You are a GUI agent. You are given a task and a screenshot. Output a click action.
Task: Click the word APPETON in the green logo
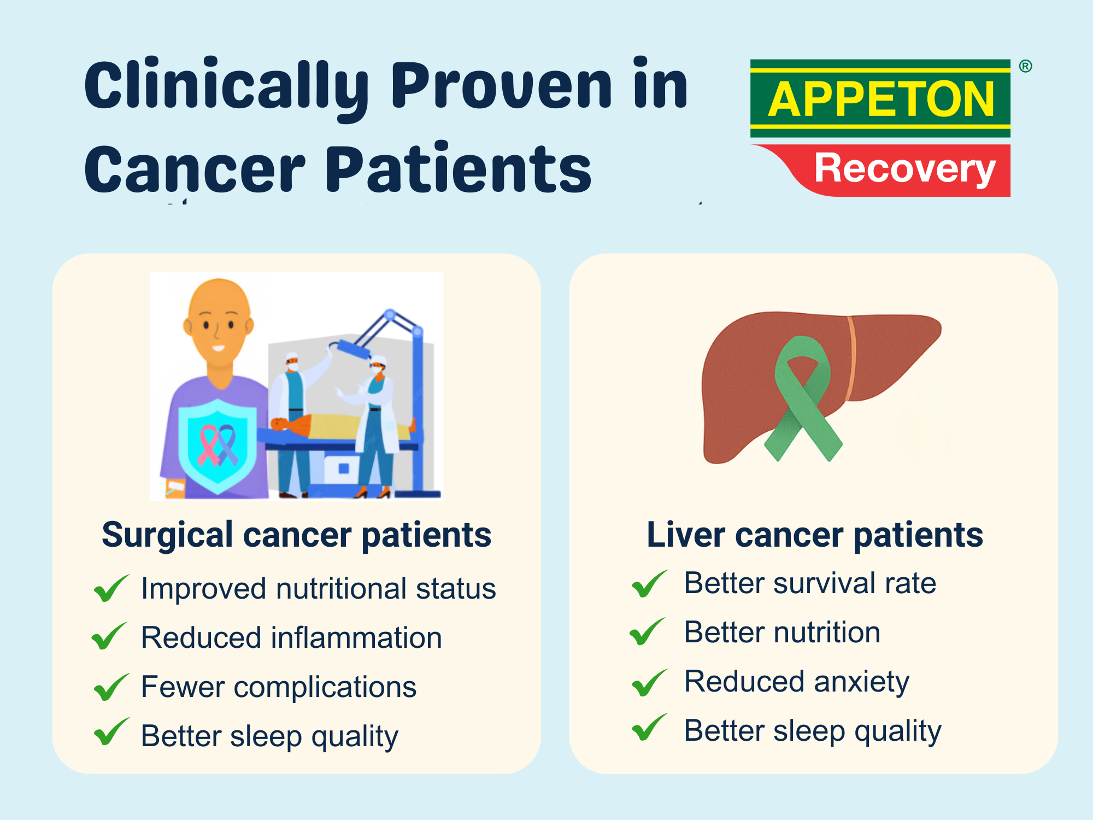[x=881, y=99]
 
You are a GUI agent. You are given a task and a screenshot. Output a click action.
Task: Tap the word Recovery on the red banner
[x=905, y=168]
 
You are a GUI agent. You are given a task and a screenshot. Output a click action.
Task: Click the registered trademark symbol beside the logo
[x=1025, y=66]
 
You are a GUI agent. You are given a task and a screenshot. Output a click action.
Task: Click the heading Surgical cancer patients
[x=297, y=535]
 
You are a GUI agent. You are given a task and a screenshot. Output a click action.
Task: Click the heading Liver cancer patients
[x=815, y=535]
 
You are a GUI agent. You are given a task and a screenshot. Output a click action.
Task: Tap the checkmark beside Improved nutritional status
[x=111, y=588]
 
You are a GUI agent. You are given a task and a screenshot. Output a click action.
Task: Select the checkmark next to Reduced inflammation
[x=109, y=636]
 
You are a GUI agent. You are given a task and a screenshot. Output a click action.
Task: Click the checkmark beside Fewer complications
[x=111, y=687]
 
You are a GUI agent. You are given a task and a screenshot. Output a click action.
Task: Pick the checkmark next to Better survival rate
[x=649, y=583]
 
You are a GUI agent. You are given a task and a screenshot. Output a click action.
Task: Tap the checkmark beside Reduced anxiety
[x=649, y=683]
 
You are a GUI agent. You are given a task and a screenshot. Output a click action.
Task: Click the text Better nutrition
[x=782, y=632]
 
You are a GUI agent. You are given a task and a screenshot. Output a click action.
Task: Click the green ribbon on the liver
[x=803, y=398]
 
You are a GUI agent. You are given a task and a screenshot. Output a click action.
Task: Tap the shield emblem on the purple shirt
[x=218, y=446]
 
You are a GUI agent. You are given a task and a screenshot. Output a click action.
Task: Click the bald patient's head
[x=219, y=323]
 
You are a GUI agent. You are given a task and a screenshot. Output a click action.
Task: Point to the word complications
[x=325, y=688]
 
